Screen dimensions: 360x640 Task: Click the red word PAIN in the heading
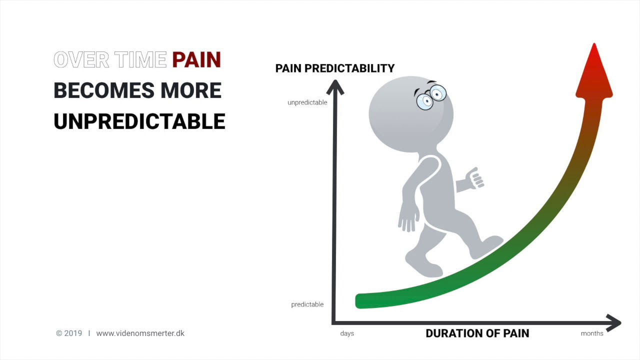196,60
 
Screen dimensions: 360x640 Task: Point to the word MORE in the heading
191,91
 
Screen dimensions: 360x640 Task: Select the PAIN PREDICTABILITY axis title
334,68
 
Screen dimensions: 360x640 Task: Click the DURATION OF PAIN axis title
477,333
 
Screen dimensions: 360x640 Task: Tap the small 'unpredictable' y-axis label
307,102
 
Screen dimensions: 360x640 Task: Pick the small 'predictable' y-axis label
307,304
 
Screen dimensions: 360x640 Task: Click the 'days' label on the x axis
347,333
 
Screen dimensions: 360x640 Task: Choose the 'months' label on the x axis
592,333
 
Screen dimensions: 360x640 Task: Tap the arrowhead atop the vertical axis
335,87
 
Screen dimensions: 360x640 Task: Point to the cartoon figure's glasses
431,97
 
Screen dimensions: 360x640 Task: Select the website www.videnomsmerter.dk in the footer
140,333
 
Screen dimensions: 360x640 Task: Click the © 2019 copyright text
69,333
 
